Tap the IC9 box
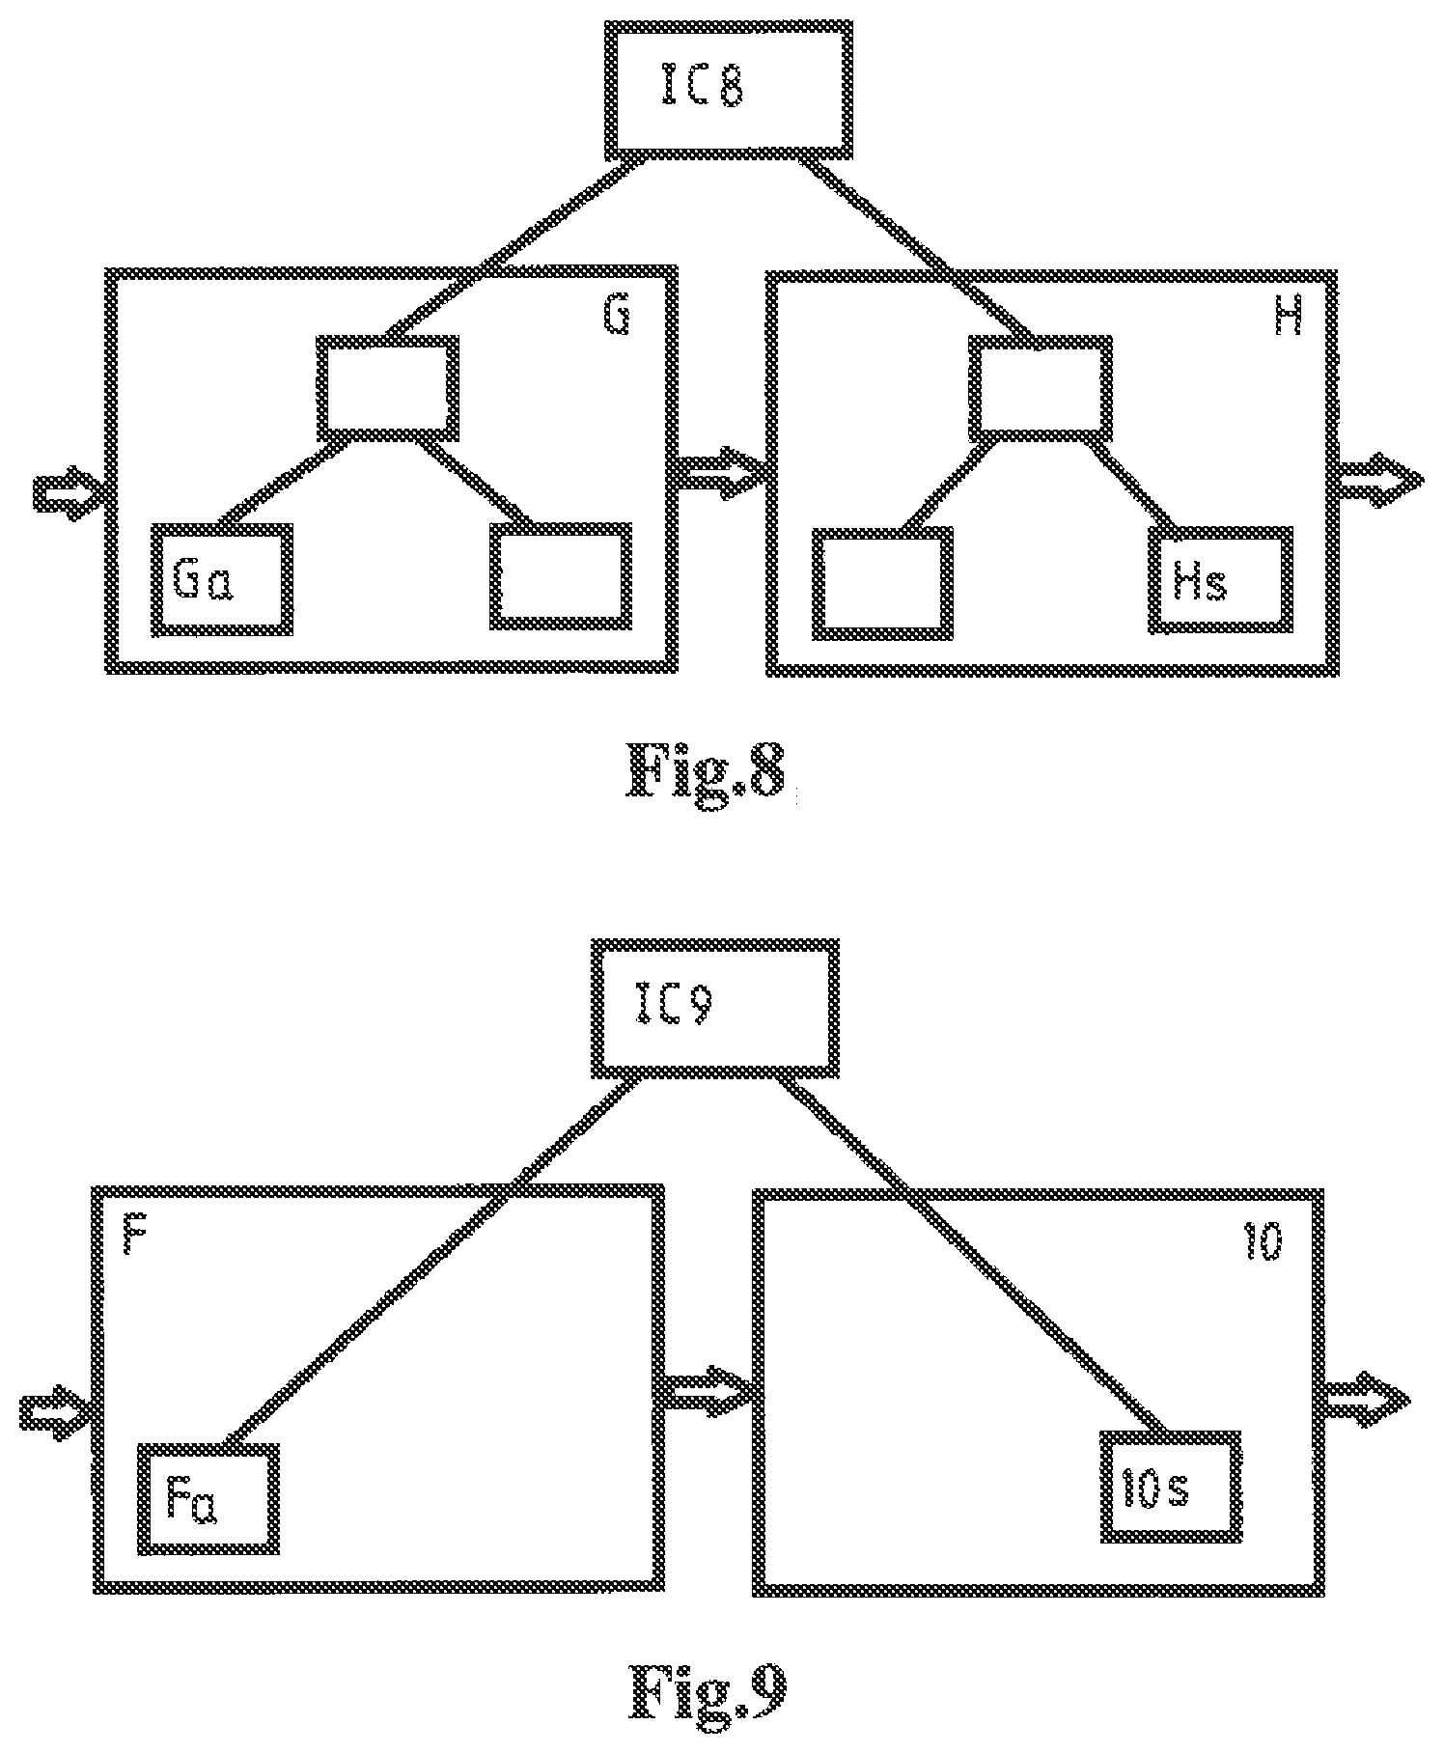[x=714, y=1009]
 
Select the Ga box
[x=221, y=579]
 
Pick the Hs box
[x=1221, y=580]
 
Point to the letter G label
[x=617, y=317]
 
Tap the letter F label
[x=135, y=1237]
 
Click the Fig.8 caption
[x=707, y=771]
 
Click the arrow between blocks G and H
[x=721, y=472]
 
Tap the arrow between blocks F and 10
[x=707, y=1391]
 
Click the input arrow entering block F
[x=56, y=1412]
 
